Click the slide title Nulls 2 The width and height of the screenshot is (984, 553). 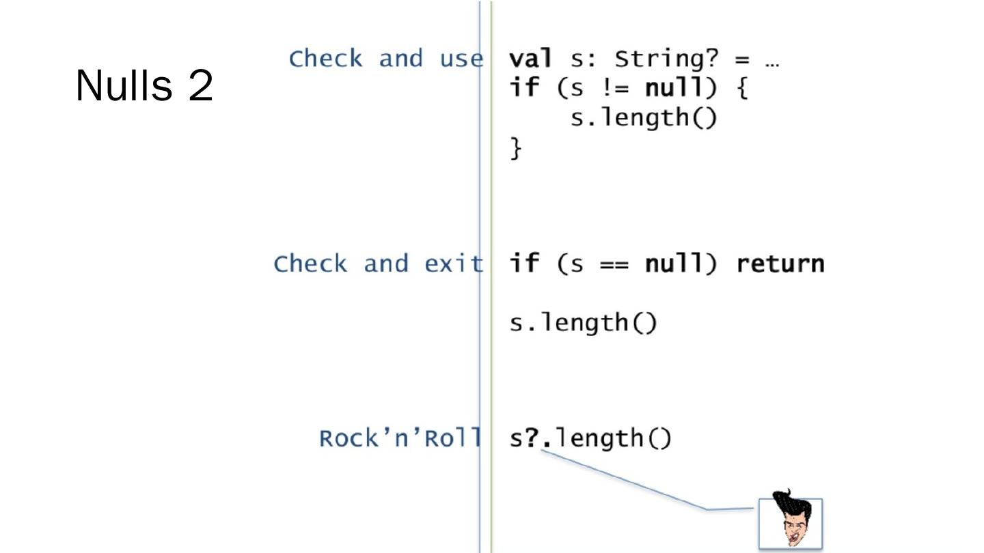144,86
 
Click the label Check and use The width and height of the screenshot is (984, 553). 385,59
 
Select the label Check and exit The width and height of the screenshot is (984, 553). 378,264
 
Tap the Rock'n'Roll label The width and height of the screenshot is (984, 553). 400,438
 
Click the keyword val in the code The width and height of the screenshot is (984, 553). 530,59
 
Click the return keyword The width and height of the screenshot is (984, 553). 780,264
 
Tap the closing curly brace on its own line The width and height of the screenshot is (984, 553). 517,147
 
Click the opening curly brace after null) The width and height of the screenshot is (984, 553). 742,89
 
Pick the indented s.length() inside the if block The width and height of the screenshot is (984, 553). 644,117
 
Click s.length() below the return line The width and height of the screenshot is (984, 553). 583,322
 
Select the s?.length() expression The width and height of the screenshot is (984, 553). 590,438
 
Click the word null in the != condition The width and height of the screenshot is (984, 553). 674,88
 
